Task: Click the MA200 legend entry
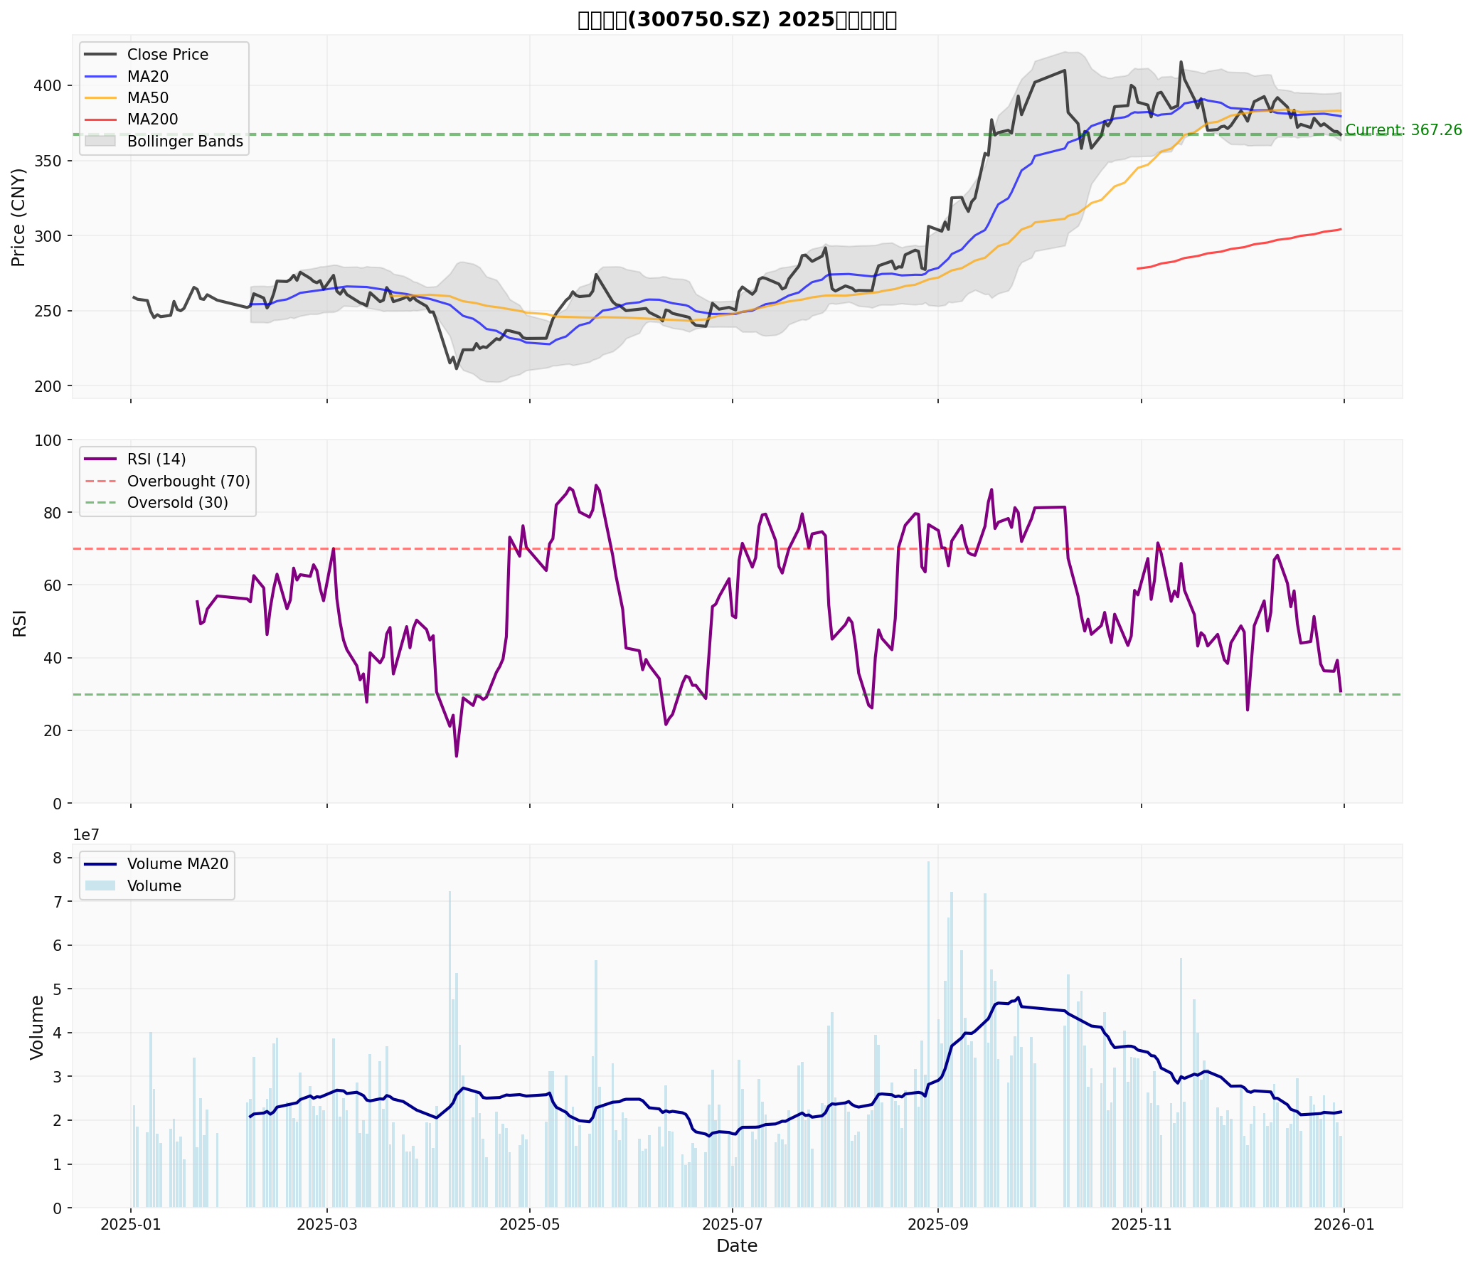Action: tap(152, 119)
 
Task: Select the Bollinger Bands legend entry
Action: tap(185, 142)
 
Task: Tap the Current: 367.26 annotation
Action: tap(1403, 130)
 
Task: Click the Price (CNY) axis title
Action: tap(18, 217)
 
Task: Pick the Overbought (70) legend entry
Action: tap(188, 482)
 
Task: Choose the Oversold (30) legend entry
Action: tap(178, 503)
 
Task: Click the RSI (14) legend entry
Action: tap(156, 459)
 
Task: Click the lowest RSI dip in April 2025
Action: tap(456, 756)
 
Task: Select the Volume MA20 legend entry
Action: tap(178, 864)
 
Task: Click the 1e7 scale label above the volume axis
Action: tap(85, 835)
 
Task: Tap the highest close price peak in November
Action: tap(1181, 62)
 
